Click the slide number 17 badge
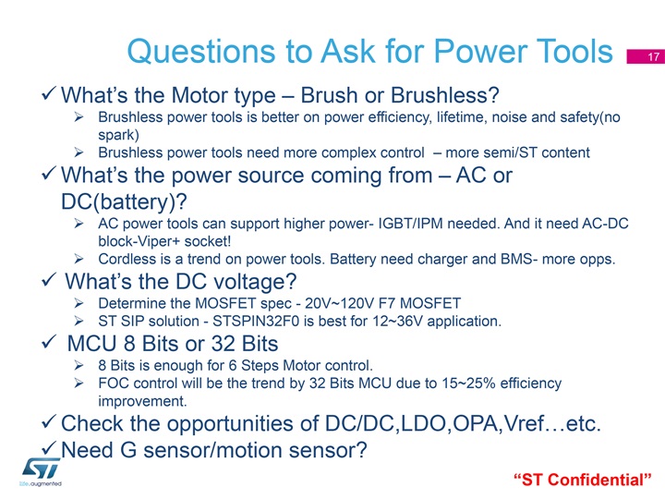click(646, 56)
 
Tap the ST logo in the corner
click(41, 472)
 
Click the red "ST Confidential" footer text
click(582, 480)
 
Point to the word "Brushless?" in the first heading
click(445, 95)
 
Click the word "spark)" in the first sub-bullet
click(119, 135)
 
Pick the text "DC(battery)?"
click(124, 202)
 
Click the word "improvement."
click(142, 401)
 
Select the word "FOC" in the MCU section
click(111, 383)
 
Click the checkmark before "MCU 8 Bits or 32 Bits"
click(49, 342)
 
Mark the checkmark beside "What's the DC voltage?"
click(49, 280)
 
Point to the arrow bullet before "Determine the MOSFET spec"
click(79, 303)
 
